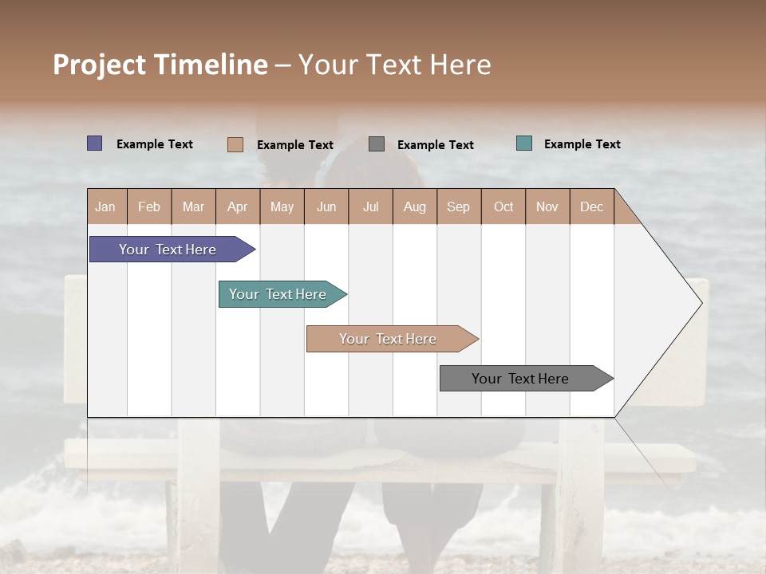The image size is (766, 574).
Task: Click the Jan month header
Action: tap(106, 206)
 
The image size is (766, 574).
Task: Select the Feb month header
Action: tap(149, 206)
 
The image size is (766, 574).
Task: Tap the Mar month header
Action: tap(193, 206)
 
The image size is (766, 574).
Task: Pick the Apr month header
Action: tap(238, 206)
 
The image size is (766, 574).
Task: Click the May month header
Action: tap(282, 206)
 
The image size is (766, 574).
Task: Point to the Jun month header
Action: tap(326, 206)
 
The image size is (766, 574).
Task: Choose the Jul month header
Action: tap(370, 206)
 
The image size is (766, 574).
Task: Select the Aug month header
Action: tap(415, 206)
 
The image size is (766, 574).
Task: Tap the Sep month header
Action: tap(459, 206)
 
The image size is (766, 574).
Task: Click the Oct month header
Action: tap(503, 206)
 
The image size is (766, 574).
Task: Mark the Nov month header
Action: tap(547, 206)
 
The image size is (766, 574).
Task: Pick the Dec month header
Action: tap(592, 206)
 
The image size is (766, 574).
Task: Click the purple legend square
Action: tap(95, 143)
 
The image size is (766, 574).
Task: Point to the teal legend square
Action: tap(524, 143)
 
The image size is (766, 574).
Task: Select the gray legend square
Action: tap(377, 143)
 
